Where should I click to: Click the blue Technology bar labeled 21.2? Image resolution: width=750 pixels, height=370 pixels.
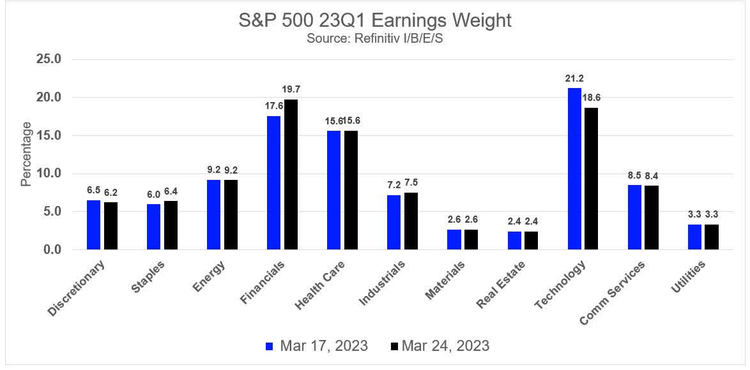coord(574,168)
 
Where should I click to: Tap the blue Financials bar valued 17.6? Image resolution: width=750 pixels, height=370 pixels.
coord(273,182)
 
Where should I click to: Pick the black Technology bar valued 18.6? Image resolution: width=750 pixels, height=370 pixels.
coord(591,179)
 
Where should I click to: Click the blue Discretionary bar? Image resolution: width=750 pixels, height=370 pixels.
coord(94,225)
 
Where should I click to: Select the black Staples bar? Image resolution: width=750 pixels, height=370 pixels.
coord(171,225)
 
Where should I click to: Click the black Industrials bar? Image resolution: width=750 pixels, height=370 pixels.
coord(411,221)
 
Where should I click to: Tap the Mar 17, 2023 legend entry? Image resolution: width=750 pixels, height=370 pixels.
coord(317,346)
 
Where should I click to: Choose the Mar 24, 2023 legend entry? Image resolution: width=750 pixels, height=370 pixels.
coord(439,346)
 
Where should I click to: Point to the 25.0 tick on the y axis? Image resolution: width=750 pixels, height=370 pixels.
coord(47,59)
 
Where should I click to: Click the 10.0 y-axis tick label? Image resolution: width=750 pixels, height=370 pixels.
coord(47,174)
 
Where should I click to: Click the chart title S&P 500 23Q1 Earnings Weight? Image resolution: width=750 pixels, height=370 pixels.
coord(374,20)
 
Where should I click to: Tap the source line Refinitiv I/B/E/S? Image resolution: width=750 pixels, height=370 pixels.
coord(374,38)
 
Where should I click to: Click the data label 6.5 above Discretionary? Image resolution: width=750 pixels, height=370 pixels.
coord(93,190)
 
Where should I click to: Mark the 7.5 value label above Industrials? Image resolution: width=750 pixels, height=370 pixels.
coord(411,182)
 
